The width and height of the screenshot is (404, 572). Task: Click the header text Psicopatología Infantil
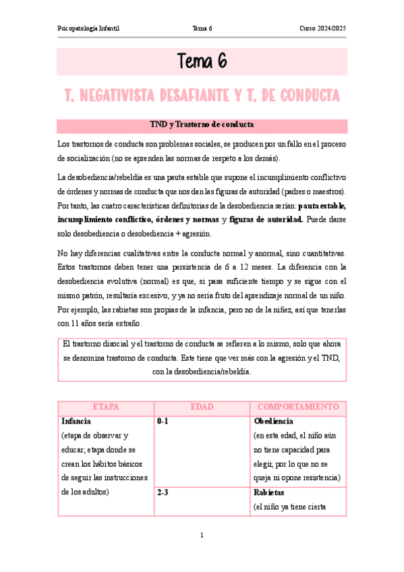tap(93, 28)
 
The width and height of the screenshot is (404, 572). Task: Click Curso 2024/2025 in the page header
tap(322, 28)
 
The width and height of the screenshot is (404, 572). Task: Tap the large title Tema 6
tap(202, 62)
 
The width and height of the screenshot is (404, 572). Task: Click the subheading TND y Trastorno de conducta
tap(202, 125)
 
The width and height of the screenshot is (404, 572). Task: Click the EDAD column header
tap(202, 407)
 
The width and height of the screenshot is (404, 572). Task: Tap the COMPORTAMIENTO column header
tap(297, 407)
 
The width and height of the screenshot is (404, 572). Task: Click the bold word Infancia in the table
tap(76, 421)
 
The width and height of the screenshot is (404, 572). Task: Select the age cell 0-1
tap(163, 421)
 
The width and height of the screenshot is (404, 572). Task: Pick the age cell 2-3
tap(163, 492)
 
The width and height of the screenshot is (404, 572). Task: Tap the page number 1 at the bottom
tap(202, 536)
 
